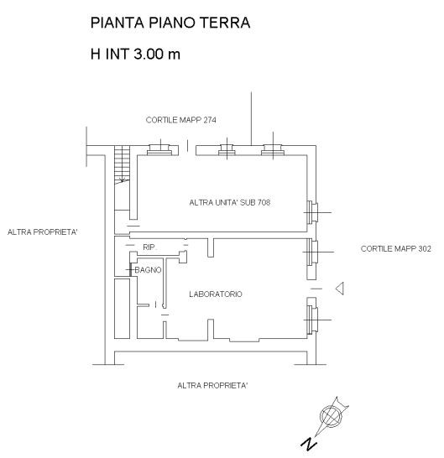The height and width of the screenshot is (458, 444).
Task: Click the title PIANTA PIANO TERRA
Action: coord(170,23)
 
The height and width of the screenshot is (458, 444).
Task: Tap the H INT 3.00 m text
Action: coord(135,54)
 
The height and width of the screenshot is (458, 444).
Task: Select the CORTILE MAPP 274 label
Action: coord(181,120)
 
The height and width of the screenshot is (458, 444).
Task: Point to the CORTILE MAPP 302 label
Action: coord(396,249)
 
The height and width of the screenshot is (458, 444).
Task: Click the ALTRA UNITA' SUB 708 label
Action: coord(230,203)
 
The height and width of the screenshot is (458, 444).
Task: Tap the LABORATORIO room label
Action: coord(216,294)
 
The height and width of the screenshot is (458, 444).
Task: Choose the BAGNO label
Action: coord(148,270)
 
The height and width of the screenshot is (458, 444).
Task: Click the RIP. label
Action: coord(149,247)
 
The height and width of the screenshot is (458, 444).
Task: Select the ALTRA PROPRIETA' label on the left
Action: coord(42,232)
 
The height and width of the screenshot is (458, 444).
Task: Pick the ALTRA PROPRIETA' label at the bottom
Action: coord(212,386)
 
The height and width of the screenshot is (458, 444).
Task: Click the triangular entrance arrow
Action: coord(340,289)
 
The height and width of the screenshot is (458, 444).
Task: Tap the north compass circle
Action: coord(331,416)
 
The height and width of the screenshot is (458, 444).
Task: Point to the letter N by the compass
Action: coord(309,445)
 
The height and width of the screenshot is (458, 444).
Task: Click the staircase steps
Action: coord(122,164)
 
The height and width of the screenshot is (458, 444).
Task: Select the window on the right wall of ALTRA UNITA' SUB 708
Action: coord(313,212)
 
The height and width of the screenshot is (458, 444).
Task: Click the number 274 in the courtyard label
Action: coord(210,120)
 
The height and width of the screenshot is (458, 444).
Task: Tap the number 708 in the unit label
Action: coord(264,203)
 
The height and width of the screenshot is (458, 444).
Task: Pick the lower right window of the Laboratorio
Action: coord(313,320)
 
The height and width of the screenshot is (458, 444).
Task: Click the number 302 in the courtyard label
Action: coord(425,249)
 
